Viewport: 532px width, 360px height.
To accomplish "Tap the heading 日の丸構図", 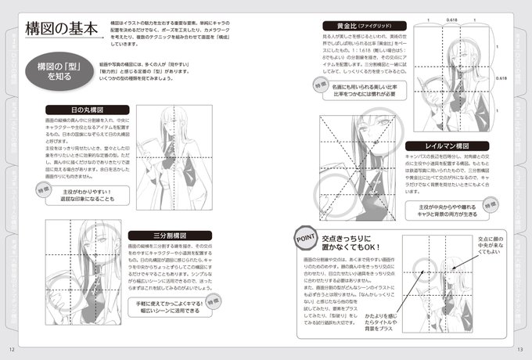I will pos(82,110).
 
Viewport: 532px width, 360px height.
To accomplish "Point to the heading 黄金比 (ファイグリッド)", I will pos(358,25).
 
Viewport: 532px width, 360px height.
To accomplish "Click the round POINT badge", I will pos(303,236).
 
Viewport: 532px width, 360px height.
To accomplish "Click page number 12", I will pos(11,349).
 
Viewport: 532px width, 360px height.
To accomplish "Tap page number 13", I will pos(519,349).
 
